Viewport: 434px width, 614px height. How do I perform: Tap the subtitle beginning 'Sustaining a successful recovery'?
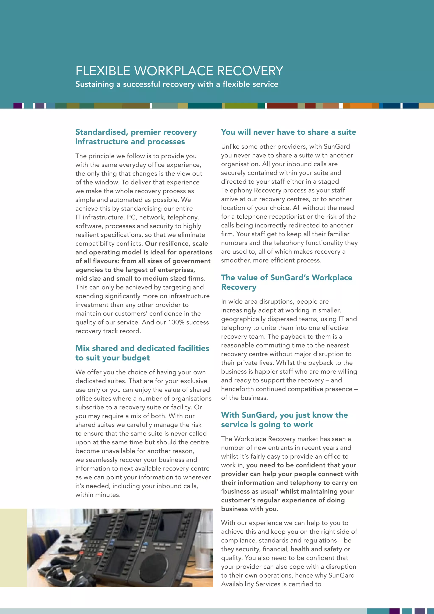(x=177, y=84)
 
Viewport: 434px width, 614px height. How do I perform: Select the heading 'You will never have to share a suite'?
(x=288, y=132)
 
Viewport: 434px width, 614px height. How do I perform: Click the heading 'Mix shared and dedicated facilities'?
(x=142, y=348)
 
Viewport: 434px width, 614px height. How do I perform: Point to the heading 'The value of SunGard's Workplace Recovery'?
(x=287, y=282)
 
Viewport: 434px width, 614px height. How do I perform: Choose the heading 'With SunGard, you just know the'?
(x=284, y=415)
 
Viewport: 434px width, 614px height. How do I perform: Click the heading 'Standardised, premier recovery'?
(x=136, y=132)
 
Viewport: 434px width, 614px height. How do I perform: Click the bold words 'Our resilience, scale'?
(x=176, y=244)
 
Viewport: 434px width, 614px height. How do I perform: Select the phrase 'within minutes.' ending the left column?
(x=98, y=495)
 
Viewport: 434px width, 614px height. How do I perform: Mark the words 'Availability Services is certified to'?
(x=271, y=584)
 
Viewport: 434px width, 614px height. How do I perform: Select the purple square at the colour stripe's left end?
(x=18, y=106)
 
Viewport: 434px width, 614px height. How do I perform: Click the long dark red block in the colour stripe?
(x=282, y=106)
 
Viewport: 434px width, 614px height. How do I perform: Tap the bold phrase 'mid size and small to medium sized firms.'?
(x=140, y=279)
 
